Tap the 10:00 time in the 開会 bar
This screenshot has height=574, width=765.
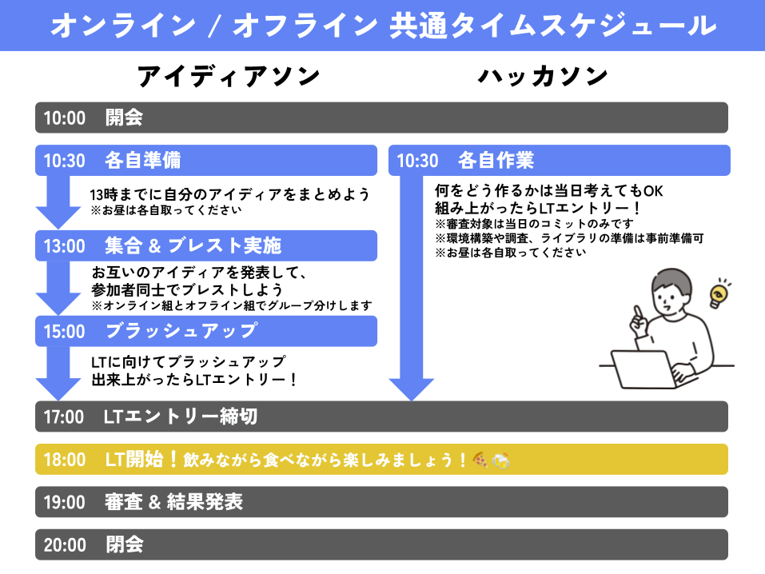tap(64, 118)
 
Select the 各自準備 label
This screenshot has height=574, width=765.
tap(142, 161)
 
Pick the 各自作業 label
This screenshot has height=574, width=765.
tap(496, 161)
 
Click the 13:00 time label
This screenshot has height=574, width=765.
tap(64, 245)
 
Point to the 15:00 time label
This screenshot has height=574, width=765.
tap(64, 331)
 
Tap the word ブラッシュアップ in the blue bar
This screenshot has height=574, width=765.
tap(181, 331)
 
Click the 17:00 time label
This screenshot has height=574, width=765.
tap(64, 417)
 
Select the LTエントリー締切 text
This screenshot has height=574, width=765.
tap(181, 417)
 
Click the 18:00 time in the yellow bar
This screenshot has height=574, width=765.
tap(64, 460)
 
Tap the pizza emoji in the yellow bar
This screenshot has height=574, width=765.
tap(480, 460)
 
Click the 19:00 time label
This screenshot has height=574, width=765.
tap(64, 502)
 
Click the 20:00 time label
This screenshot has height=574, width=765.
tap(64, 545)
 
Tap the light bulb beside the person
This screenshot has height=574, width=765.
tap(719, 293)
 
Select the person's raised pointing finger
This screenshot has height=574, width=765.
tap(637, 314)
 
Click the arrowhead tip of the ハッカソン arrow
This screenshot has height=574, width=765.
tap(411, 398)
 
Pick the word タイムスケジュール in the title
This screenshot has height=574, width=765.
tap(554, 26)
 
